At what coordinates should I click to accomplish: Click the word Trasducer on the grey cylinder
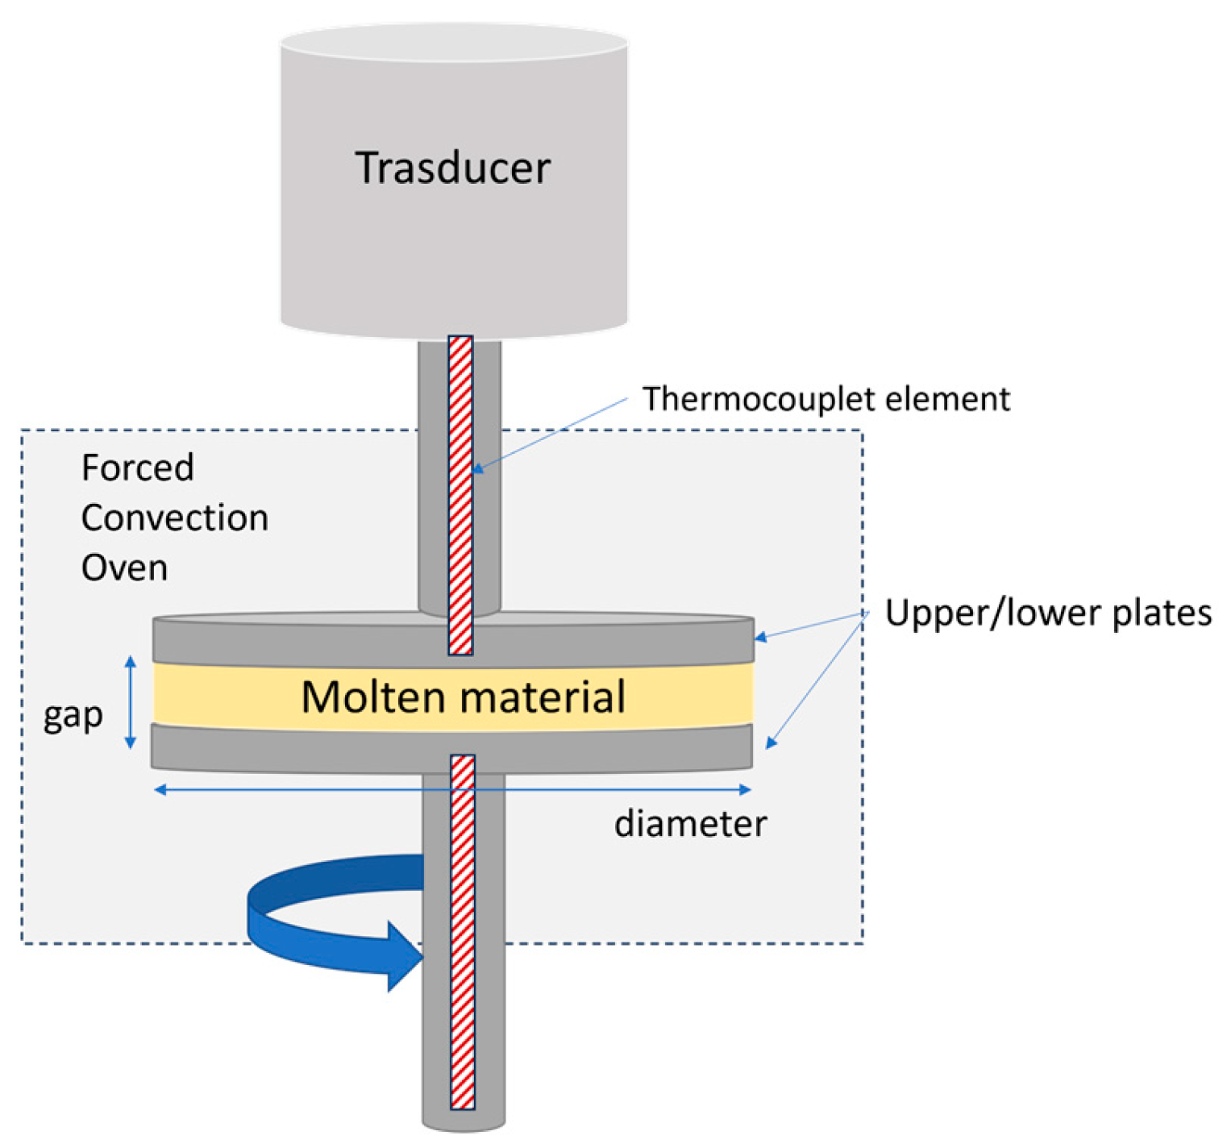coord(453,168)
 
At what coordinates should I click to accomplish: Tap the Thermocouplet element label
coord(826,399)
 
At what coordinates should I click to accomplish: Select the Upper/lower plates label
coord(1047,613)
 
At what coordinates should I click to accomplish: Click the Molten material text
coord(463,697)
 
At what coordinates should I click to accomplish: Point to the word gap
coord(73,715)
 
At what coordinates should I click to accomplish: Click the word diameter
coord(690,824)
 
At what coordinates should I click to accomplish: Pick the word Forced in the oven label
coord(138,468)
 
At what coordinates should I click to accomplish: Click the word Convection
coord(175,518)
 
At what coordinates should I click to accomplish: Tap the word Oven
coord(124,568)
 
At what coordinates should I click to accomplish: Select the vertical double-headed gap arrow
coord(131,702)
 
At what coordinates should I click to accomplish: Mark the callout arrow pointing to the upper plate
coord(811,626)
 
